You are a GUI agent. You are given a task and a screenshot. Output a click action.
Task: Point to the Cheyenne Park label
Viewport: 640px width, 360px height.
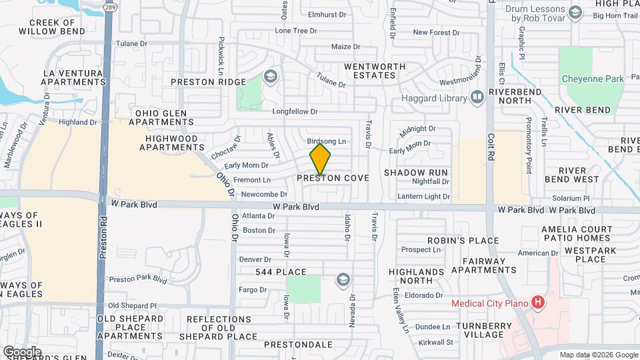(x=593, y=79)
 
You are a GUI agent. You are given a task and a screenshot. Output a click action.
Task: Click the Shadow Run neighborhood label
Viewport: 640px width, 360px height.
(x=415, y=173)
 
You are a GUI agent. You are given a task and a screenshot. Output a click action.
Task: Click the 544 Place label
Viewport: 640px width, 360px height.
(x=281, y=272)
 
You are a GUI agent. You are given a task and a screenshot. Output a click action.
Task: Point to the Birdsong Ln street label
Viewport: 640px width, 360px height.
(x=327, y=141)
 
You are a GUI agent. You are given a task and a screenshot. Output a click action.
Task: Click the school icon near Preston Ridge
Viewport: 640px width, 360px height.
(x=270, y=77)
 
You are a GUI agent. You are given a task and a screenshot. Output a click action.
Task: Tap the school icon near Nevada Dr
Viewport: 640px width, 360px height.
(x=343, y=279)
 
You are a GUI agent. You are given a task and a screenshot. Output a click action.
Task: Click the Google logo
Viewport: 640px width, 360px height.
(x=21, y=351)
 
